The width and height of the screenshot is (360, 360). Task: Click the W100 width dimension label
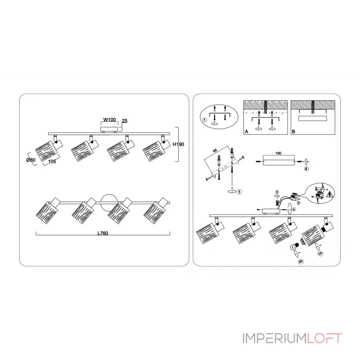[x=110, y=120]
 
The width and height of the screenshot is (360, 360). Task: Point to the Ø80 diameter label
[x=31, y=159]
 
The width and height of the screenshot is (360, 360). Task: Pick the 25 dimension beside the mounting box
[x=125, y=121]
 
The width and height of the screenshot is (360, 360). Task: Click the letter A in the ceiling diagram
[x=246, y=131]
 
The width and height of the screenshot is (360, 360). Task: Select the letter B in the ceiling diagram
[x=293, y=131]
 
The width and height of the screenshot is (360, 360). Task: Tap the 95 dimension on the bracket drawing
[x=215, y=151]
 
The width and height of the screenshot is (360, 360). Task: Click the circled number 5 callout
[x=320, y=253]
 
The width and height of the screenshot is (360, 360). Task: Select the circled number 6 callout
[x=300, y=261]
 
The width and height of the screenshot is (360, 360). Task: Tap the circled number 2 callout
[x=278, y=193]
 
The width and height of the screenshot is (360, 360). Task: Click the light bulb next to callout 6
[x=295, y=247]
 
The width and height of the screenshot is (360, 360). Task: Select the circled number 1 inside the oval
[x=205, y=120]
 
